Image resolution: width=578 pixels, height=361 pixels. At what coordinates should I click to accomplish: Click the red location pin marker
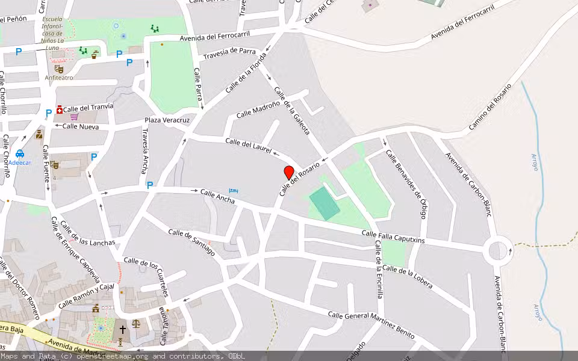(289, 172)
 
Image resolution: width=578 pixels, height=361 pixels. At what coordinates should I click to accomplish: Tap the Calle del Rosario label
(299, 179)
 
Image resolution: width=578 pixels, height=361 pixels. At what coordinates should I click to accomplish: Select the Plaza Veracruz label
(167, 120)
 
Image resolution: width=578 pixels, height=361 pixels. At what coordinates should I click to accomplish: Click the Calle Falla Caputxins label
(393, 236)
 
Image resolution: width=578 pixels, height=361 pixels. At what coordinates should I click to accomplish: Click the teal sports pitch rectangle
(325, 203)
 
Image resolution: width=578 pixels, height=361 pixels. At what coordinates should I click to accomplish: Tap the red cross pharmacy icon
(59, 110)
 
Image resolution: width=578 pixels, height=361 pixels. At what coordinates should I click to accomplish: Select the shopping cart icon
(74, 117)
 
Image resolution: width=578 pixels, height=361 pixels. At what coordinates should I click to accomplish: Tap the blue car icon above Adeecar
(20, 153)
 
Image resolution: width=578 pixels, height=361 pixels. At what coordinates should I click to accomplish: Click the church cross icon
(122, 330)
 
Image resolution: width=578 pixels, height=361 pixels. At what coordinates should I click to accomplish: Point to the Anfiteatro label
(59, 78)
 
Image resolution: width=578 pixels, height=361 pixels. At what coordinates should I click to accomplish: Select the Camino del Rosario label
(490, 106)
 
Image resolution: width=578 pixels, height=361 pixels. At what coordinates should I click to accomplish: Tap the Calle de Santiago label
(191, 242)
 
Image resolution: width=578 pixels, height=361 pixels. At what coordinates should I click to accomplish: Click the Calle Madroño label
(258, 109)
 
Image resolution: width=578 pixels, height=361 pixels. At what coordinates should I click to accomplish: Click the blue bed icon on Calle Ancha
(234, 191)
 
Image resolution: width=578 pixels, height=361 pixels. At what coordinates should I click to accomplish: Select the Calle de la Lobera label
(407, 276)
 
